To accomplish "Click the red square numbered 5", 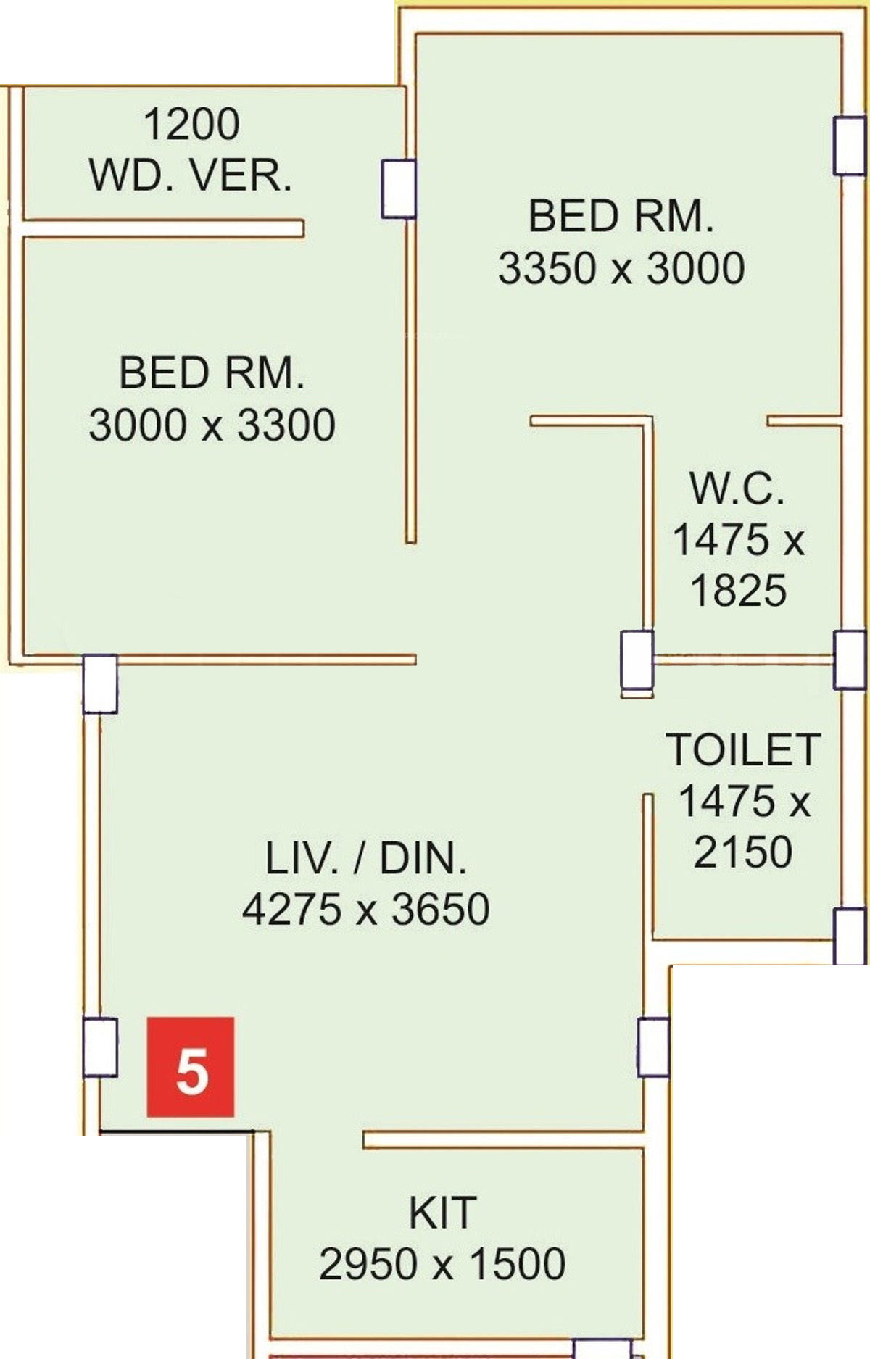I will pyautogui.click(x=191, y=1067).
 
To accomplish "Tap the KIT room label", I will pyautogui.click(x=442, y=1213).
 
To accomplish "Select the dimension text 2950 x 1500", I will pyautogui.click(x=442, y=1263).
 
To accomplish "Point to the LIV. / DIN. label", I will pyautogui.click(x=366, y=858).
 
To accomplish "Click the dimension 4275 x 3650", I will pyautogui.click(x=366, y=909).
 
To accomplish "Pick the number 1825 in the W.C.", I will pyautogui.click(x=738, y=590).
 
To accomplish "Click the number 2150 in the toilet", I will pyautogui.click(x=743, y=852).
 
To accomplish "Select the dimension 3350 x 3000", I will pyautogui.click(x=621, y=267).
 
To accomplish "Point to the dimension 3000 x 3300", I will pyautogui.click(x=212, y=425).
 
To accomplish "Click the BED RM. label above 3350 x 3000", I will pyautogui.click(x=621, y=216).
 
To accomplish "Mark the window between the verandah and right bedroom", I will pyautogui.click(x=398, y=188).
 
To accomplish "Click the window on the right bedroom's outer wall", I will pyautogui.click(x=849, y=146).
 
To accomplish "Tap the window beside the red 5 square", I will pyautogui.click(x=100, y=1047).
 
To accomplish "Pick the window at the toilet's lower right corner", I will pyautogui.click(x=849, y=936).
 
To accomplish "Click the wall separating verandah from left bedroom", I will pyautogui.click(x=163, y=228).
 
